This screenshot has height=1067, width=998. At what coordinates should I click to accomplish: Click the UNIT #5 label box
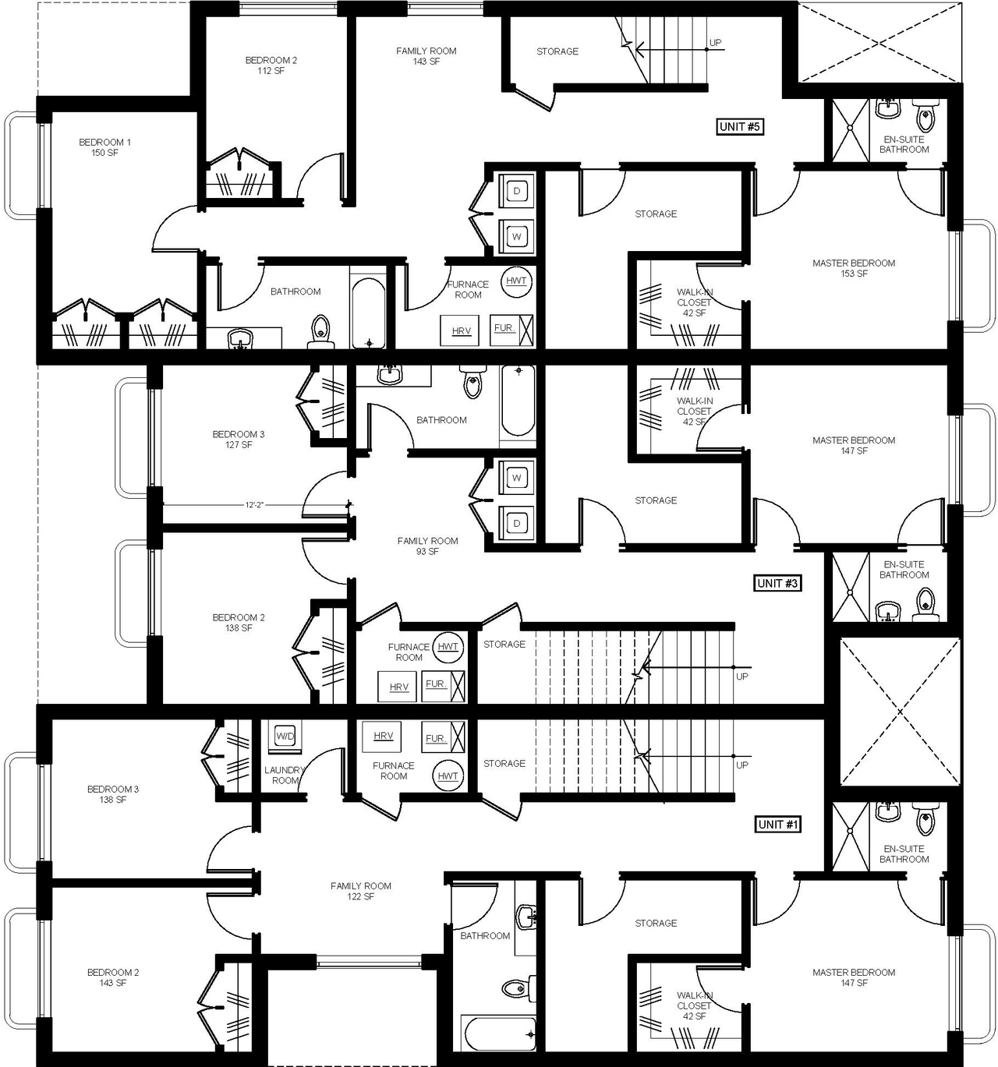[739, 126]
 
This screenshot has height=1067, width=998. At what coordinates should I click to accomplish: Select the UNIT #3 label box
[778, 583]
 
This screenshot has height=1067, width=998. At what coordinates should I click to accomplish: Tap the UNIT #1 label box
[778, 824]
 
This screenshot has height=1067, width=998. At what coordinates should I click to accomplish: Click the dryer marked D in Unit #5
[516, 191]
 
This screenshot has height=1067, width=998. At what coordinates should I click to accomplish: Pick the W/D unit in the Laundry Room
[285, 736]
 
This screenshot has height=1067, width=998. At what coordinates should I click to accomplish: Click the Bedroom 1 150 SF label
[104, 147]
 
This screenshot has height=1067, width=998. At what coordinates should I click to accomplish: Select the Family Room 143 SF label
[426, 56]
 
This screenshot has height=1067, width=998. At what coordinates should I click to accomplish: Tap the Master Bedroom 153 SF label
[854, 268]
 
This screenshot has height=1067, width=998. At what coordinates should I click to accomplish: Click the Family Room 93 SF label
[427, 546]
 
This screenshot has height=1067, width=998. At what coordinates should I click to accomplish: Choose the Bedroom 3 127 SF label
[239, 440]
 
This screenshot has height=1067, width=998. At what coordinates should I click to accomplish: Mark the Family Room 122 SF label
[360, 891]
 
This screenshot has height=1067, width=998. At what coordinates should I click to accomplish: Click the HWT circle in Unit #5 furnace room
[516, 281]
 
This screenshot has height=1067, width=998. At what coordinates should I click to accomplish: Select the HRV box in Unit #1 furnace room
[383, 736]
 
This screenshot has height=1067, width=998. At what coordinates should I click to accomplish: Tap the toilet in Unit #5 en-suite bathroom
[925, 118]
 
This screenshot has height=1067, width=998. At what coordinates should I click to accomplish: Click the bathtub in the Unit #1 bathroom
[500, 1033]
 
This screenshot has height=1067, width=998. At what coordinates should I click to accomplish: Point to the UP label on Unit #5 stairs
[715, 43]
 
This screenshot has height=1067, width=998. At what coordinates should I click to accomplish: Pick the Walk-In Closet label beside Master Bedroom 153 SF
[694, 302]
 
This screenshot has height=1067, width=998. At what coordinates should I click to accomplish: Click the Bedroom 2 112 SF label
[271, 65]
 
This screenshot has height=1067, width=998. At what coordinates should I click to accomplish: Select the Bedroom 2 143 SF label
[113, 977]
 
